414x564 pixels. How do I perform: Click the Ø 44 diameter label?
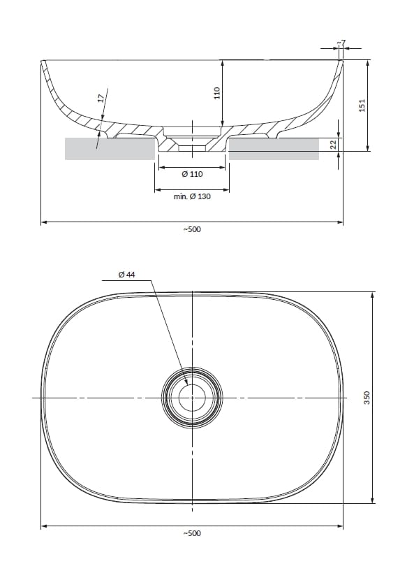pyautogui.click(x=126, y=275)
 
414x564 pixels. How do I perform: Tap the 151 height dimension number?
pyautogui.click(x=362, y=105)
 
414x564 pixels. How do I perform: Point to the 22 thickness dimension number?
pyautogui.click(x=333, y=144)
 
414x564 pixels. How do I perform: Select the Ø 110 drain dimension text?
pyautogui.click(x=192, y=174)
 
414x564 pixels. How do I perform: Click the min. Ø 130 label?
pyautogui.click(x=192, y=196)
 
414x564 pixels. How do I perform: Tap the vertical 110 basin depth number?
pyautogui.click(x=216, y=92)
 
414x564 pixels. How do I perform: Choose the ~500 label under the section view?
pyautogui.click(x=192, y=229)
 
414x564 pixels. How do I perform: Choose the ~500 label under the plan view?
pyautogui.click(x=192, y=533)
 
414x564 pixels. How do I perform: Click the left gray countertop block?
pyautogui.click(x=109, y=148)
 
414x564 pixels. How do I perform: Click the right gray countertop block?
pyautogui.click(x=274, y=148)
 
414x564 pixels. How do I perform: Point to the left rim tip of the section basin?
pyautogui.click(x=43, y=62)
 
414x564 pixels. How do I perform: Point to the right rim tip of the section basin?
pyautogui.click(x=342, y=62)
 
